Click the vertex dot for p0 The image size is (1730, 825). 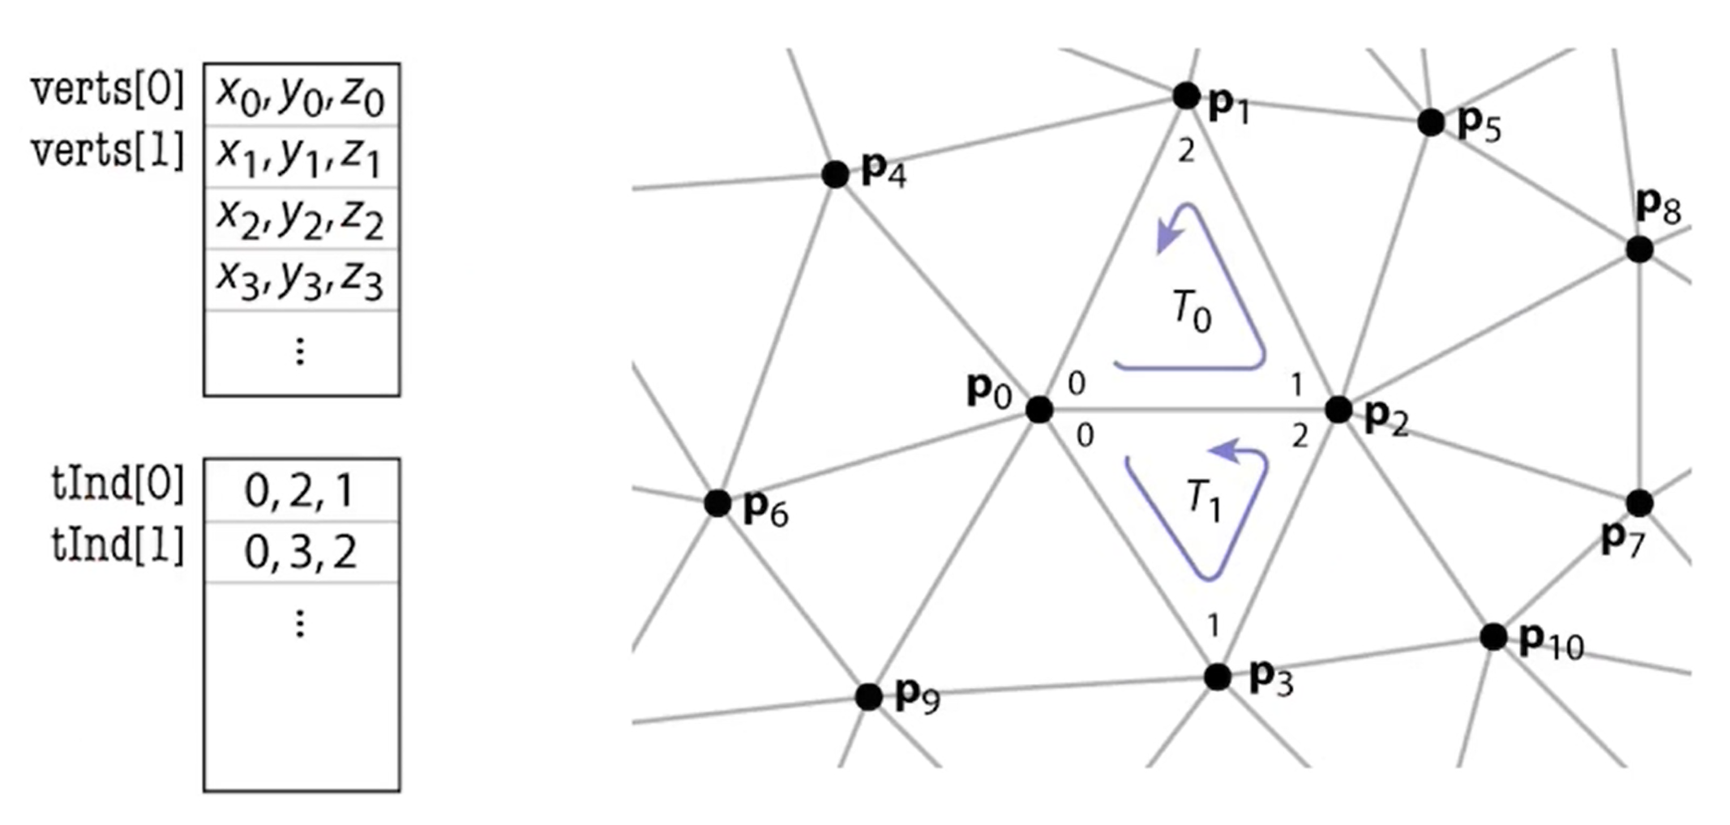(x=1039, y=409)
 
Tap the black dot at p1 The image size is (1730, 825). (x=1186, y=96)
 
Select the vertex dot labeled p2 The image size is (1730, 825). (x=1338, y=409)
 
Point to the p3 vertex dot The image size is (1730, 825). (x=1217, y=677)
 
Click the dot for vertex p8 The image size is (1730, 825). (x=1639, y=249)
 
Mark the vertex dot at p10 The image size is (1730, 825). (x=1493, y=637)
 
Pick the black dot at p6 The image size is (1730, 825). (x=717, y=503)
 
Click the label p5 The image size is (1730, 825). (x=1479, y=124)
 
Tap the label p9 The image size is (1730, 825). (x=917, y=696)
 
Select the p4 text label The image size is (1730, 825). (x=884, y=171)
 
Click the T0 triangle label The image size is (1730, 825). (x=1192, y=311)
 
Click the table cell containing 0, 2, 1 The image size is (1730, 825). (x=300, y=491)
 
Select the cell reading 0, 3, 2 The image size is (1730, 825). (x=300, y=553)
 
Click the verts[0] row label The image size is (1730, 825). (x=108, y=88)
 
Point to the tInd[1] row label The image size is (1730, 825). (x=118, y=545)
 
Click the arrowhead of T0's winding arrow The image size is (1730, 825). (x=1167, y=238)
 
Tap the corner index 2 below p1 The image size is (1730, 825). (x=1186, y=152)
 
